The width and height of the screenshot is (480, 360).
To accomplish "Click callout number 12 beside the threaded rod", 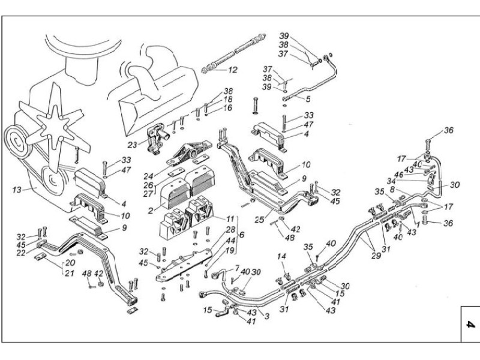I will (x=232, y=70).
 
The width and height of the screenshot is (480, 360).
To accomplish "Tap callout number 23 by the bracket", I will (x=132, y=144).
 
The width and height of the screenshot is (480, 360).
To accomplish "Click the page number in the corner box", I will (x=470, y=325).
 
